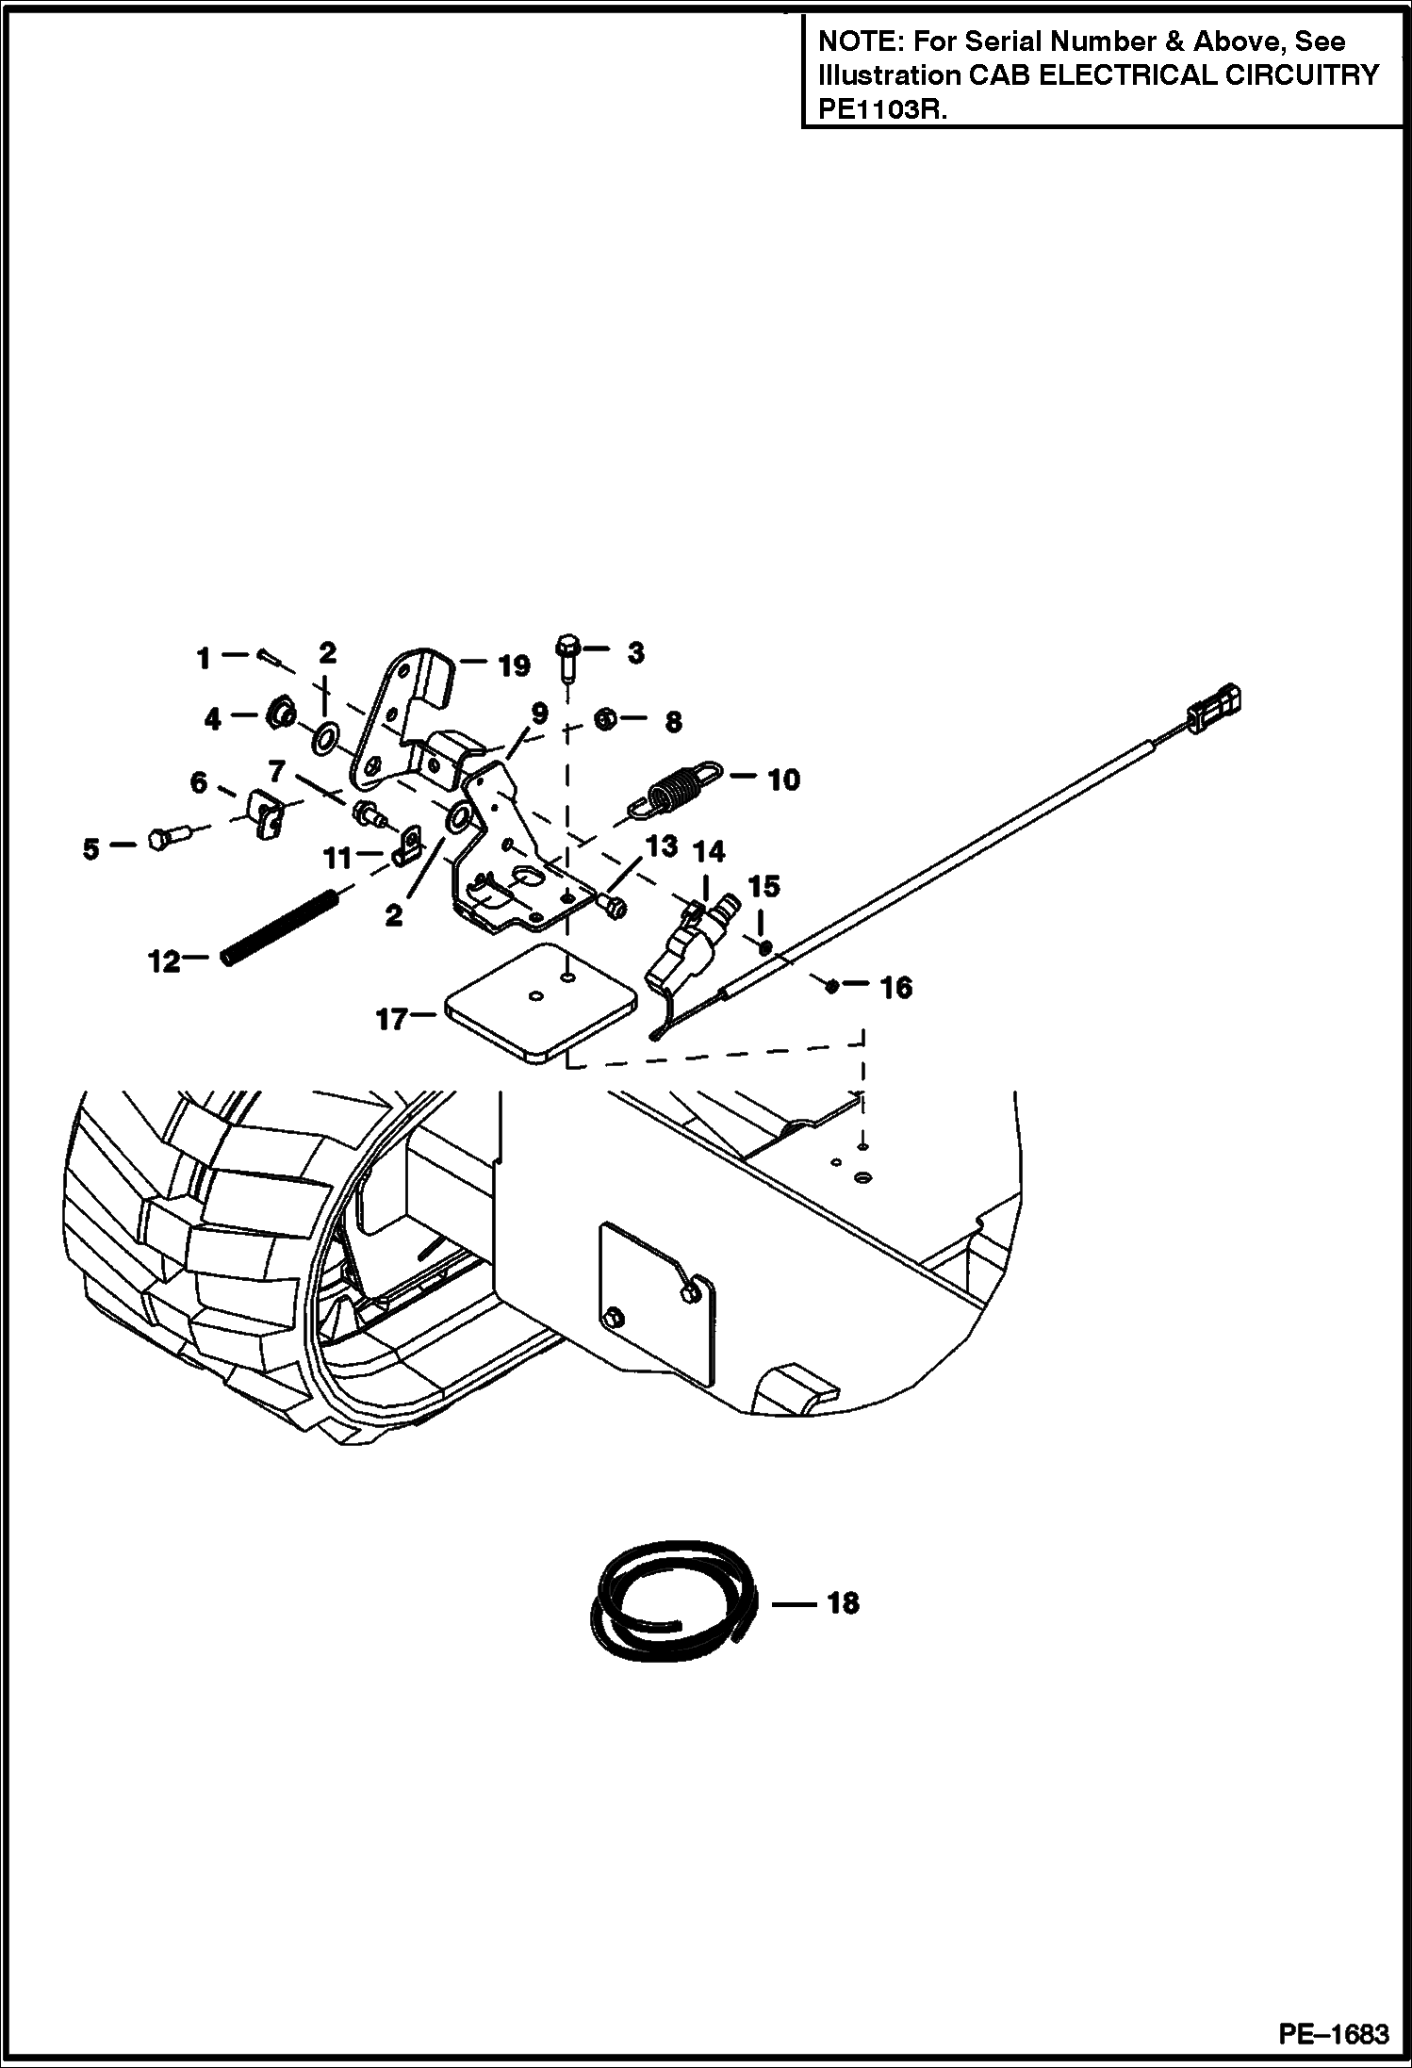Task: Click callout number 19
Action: click(x=514, y=666)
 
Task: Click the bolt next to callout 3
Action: click(x=567, y=657)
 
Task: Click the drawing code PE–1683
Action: click(x=1333, y=2034)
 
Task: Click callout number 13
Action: click(x=661, y=845)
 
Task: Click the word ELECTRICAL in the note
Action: click(x=1117, y=75)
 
